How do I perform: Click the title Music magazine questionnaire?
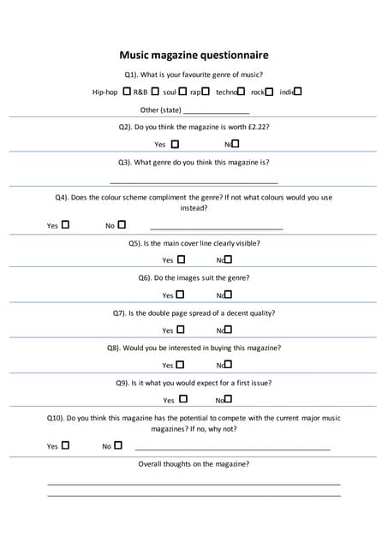[x=194, y=55]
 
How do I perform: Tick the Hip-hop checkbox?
[x=127, y=91]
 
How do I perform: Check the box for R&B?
[x=155, y=91]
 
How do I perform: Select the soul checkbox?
[x=182, y=91]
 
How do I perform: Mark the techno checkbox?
[x=242, y=91]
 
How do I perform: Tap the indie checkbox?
[x=297, y=91]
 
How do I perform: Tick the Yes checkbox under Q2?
[x=176, y=144]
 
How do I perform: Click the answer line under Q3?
[x=194, y=182]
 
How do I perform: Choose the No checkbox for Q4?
[x=122, y=225]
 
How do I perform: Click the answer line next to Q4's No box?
[x=216, y=228]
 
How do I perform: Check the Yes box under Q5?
[x=180, y=259]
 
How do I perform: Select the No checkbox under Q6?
[x=228, y=295]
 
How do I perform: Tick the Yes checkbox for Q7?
[x=180, y=330]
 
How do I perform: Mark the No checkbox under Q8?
[x=228, y=365]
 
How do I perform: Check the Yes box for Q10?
[x=66, y=445]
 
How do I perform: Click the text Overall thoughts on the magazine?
[x=194, y=464]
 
